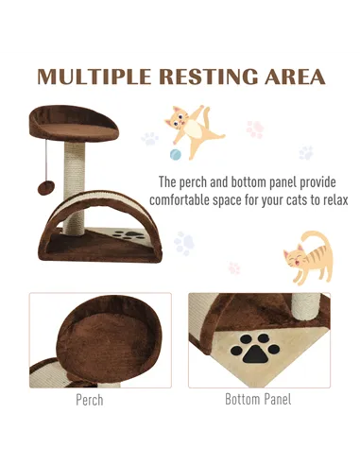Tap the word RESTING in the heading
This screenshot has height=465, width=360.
[x=206, y=77]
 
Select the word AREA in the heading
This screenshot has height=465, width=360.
[x=291, y=77]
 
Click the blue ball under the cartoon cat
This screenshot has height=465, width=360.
[x=175, y=154]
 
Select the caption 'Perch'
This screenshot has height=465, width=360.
[x=90, y=400]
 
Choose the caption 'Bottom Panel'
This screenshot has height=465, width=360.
[x=258, y=400]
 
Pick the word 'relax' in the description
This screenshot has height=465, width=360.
[x=331, y=200]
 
